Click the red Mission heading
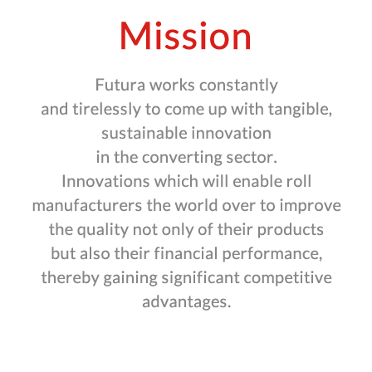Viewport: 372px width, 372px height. coord(185,36)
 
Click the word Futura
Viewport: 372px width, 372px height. coord(120,85)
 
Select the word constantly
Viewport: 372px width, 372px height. coord(238,86)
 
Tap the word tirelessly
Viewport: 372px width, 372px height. coord(107,110)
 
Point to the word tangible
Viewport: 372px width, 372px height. coord(300,110)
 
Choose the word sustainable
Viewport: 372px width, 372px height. coord(144,133)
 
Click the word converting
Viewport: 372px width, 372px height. coord(182,158)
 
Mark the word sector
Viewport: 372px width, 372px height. coord(252,158)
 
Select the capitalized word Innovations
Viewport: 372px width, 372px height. coord(105,182)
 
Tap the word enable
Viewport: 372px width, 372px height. coord(253,182)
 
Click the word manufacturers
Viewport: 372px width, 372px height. coord(87,206)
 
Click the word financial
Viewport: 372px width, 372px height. coord(186,254)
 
